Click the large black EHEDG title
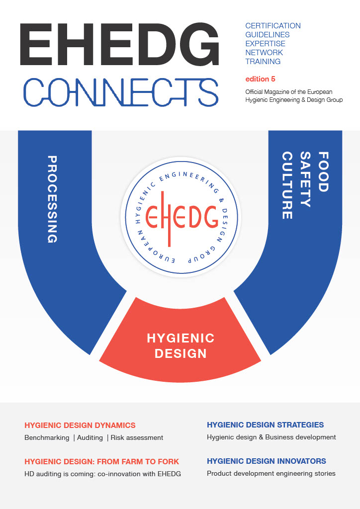[x=119, y=44]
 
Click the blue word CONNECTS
[x=121, y=92]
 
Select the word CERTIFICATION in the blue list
[x=273, y=26]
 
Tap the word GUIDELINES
[x=268, y=35]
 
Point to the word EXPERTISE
[x=265, y=44]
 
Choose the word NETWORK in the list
[x=264, y=53]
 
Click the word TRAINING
[x=263, y=61]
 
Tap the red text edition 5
[x=261, y=79]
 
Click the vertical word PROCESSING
[x=52, y=199]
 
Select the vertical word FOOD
[x=323, y=171]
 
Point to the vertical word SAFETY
[x=305, y=179]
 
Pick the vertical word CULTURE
[x=287, y=185]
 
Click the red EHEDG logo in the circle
[x=181, y=218]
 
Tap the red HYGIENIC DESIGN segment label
[x=180, y=346]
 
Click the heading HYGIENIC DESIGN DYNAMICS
[x=80, y=425]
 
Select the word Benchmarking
[x=47, y=437]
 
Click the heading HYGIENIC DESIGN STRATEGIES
[x=265, y=424]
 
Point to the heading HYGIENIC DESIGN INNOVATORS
[x=267, y=461]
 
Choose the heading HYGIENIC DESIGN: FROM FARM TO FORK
[x=101, y=462]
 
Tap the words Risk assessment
[x=137, y=437]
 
